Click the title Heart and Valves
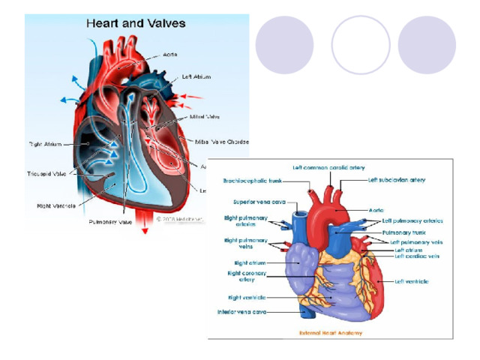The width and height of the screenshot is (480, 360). [136, 23]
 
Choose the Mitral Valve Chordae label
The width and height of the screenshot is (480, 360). [223, 141]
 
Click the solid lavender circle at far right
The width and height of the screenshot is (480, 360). [427, 44]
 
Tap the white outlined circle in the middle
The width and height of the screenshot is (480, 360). [361, 44]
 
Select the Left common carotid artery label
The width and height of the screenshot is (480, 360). [328, 167]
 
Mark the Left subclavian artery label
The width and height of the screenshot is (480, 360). [397, 180]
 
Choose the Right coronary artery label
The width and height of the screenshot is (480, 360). [247, 276]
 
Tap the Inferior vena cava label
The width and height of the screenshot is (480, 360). [242, 311]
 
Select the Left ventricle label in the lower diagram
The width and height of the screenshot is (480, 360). [412, 281]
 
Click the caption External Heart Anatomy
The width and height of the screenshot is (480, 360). [331, 332]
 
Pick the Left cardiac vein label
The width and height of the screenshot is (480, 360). [417, 256]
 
